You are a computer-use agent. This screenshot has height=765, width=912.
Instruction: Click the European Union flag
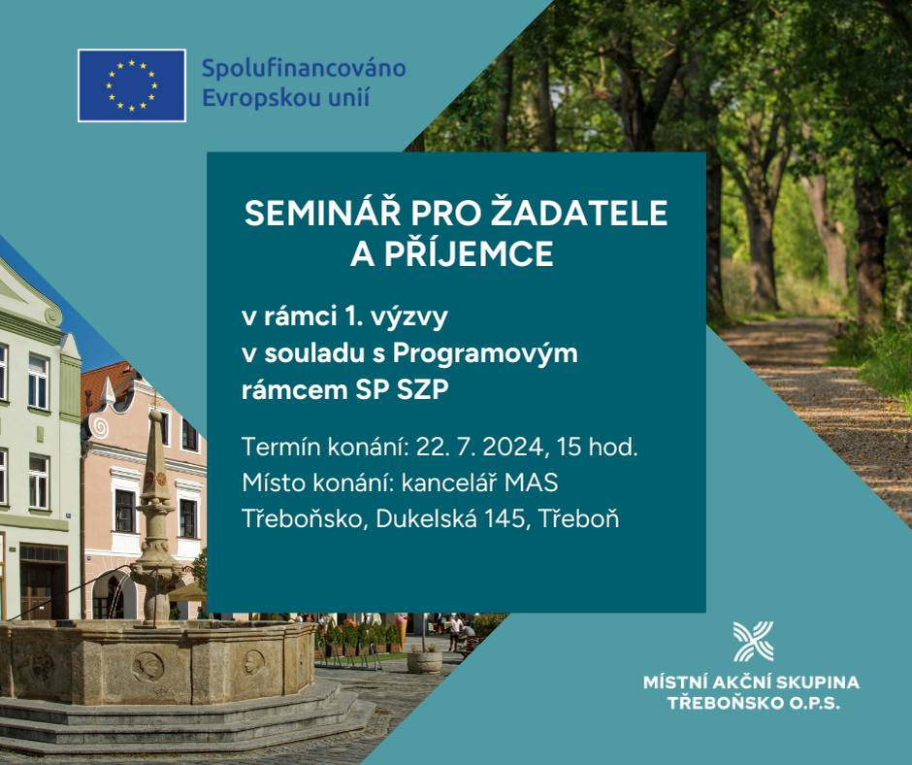point(132,85)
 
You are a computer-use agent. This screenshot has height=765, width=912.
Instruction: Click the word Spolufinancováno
point(304,69)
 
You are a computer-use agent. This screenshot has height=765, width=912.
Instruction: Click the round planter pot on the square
point(424,661)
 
